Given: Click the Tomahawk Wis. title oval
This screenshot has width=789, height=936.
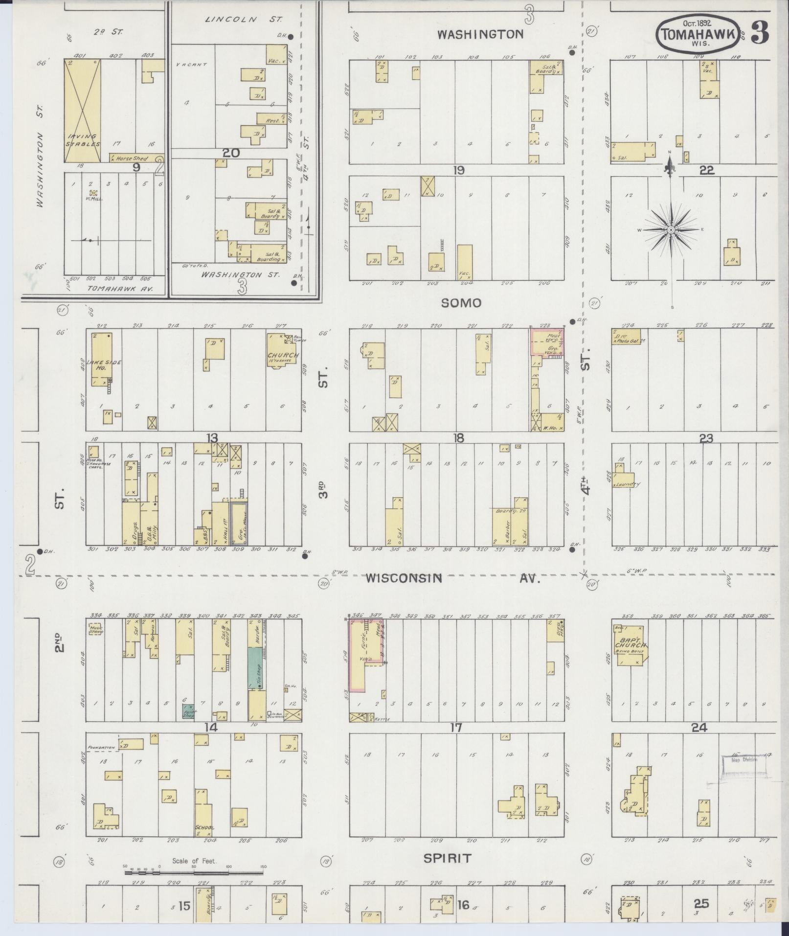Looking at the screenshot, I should tap(698, 32).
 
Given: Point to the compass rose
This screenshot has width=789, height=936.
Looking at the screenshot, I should tap(671, 229).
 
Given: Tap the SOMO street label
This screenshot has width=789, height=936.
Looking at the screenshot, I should tap(461, 303).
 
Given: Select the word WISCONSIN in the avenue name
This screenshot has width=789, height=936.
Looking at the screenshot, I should tap(404, 578).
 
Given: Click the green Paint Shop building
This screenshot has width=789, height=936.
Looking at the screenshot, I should tap(188, 711).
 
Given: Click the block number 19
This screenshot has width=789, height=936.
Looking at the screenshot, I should tap(458, 170).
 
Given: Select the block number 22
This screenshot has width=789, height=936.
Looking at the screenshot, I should tap(707, 170).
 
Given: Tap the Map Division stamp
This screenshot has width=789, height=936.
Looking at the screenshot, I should tap(742, 774).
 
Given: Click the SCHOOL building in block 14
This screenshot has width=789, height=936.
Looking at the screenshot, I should tap(203, 812).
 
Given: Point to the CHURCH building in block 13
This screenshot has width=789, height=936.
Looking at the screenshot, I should tap(282, 352).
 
